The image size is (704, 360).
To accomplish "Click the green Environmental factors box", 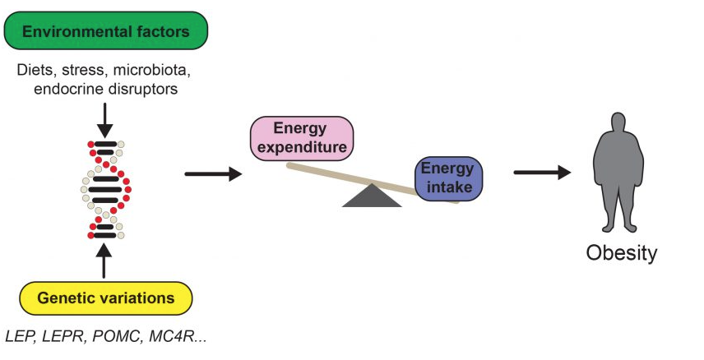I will click(106, 32).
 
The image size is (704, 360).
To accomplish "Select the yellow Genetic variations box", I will click(105, 298).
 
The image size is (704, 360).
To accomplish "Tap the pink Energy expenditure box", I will click(301, 137).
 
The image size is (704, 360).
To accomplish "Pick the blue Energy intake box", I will click(447, 178).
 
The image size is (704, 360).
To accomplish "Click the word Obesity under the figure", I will click(621, 252).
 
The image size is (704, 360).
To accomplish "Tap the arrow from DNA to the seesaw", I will click(213, 173).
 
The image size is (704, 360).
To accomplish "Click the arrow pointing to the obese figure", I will click(542, 173).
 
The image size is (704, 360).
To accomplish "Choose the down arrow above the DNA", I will click(104, 118).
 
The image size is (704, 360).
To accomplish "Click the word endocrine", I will click(65, 88).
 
